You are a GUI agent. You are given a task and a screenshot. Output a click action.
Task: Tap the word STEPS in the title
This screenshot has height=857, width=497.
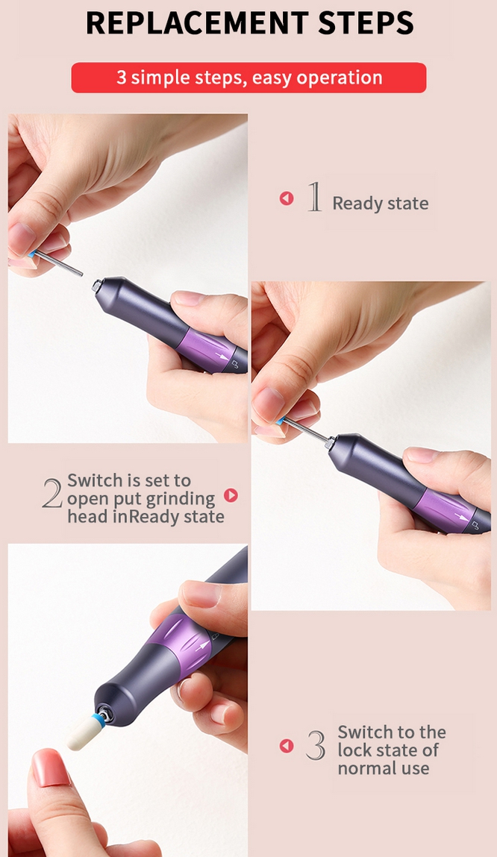(x=366, y=23)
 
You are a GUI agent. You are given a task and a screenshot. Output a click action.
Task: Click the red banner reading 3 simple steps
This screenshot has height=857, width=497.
(x=248, y=78)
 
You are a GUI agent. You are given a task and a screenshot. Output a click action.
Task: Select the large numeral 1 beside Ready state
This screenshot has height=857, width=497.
(x=313, y=197)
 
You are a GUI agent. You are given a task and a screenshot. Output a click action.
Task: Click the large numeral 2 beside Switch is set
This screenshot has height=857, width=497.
(x=52, y=494)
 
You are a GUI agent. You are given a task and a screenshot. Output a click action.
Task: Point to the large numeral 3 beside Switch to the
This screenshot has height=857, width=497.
(x=316, y=745)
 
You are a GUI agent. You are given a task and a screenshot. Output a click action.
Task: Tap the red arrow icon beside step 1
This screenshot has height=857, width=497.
(x=287, y=198)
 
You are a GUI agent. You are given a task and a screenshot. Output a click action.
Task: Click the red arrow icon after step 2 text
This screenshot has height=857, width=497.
(x=231, y=495)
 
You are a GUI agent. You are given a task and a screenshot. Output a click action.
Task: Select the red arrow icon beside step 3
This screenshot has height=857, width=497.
(x=287, y=746)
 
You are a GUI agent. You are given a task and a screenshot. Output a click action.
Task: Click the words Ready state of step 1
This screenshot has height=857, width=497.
(x=381, y=204)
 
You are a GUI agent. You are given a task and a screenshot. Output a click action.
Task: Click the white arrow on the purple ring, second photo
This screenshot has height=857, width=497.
(x=461, y=516)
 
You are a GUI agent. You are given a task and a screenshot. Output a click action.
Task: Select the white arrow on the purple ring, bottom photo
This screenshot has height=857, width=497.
(x=202, y=647)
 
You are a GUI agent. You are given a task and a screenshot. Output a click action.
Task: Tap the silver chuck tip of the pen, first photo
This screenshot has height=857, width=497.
(x=97, y=286)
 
